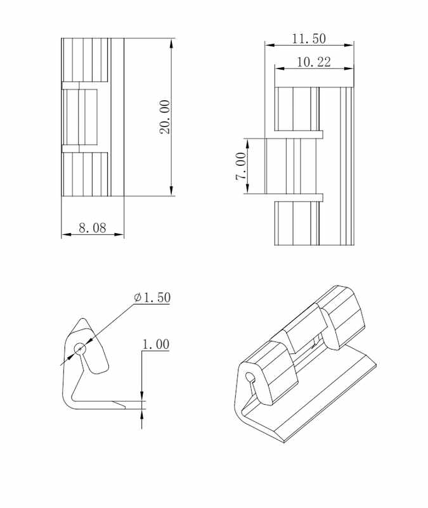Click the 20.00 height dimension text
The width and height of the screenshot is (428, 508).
(x=164, y=117)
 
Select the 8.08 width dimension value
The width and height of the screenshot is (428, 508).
(x=92, y=228)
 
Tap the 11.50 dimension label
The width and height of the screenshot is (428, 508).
(x=309, y=38)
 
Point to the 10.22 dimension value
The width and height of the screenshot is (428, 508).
(x=313, y=61)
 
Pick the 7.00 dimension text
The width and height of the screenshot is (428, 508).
(x=241, y=166)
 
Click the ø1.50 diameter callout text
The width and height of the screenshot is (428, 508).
(x=152, y=298)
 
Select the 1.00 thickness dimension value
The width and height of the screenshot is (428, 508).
(x=155, y=345)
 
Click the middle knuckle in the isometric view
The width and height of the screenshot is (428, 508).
(x=303, y=329)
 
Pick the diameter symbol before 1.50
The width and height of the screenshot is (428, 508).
(x=138, y=298)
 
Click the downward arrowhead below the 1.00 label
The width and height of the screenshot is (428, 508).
(x=141, y=397)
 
